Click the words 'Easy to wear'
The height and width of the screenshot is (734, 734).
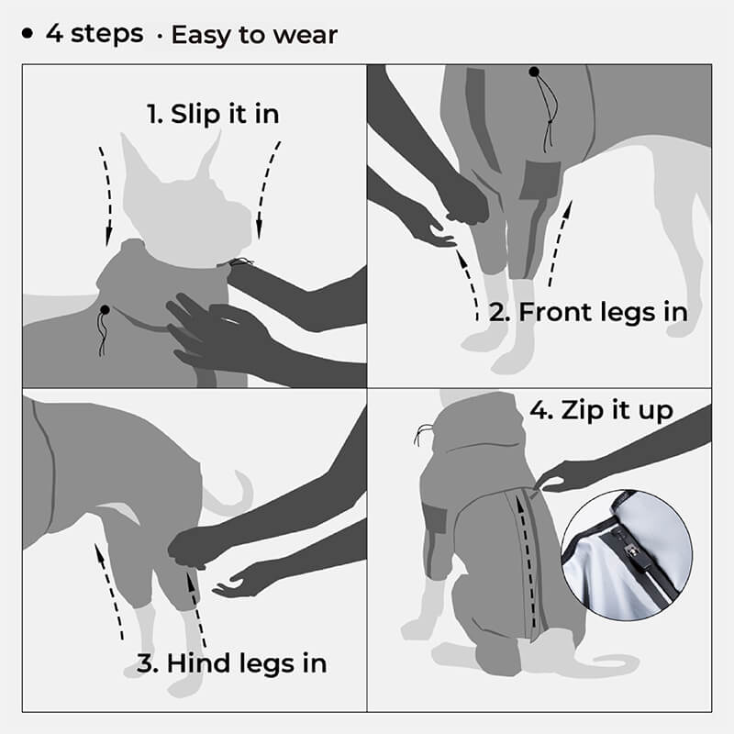tap(254, 36)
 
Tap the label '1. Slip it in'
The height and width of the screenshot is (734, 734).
tap(212, 115)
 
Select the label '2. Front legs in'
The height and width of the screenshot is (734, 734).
tap(588, 312)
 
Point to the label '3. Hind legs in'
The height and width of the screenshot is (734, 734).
tap(231, 662)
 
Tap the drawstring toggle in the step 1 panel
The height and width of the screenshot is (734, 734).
tap(106, 313)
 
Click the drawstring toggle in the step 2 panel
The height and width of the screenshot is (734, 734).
tap(533, 72)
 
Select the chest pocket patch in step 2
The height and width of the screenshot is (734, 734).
tap(540, 180)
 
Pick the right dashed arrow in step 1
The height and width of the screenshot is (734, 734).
tap(268, 188)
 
